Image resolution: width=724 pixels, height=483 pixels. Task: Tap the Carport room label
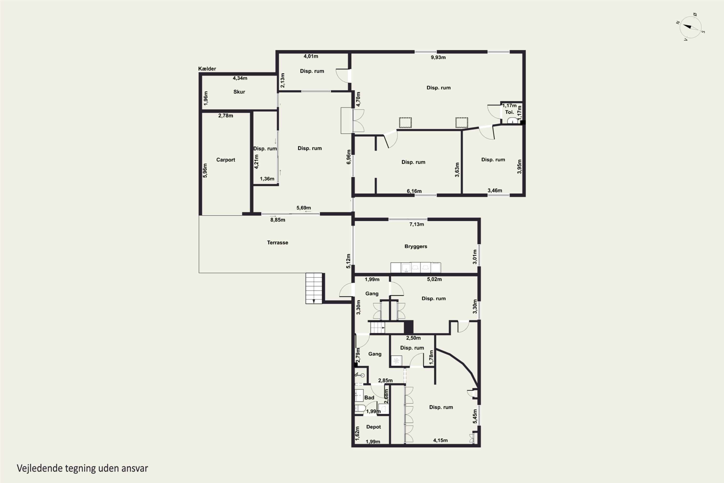[225, 160]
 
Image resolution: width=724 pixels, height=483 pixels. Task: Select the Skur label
[239, 92]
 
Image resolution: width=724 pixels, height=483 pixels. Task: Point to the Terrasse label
[277, 242]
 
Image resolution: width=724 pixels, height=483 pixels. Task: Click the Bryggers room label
[416, 246]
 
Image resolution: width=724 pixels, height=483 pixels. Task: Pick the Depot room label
[373, 427]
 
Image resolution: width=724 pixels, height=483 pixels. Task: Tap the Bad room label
[369, 397]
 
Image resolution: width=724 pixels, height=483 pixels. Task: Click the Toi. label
[509, 112]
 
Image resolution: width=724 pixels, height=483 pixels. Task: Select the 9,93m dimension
[438, 57]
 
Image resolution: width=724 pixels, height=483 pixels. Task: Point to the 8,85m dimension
[278, 220]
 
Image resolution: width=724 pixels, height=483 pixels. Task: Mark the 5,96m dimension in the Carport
[205, 170]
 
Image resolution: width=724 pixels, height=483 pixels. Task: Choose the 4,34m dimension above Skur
[240, 78]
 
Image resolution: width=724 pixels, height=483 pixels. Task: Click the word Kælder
[207, 69]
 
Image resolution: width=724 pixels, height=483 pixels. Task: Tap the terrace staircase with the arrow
[314, 288]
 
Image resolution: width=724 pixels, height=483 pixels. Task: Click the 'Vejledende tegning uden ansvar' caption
[82, 468]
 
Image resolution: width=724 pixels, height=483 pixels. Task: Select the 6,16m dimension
[414, 191]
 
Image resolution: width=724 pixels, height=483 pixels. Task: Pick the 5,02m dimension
[434, 279]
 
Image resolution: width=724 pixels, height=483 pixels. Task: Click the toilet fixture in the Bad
[360, 408]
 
